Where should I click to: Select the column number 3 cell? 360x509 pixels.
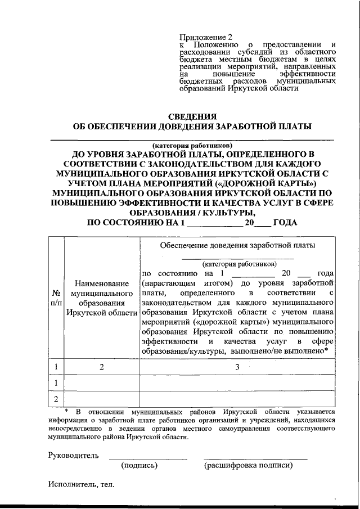click(x=238, y=367)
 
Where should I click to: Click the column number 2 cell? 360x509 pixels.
click(x=102, y=367)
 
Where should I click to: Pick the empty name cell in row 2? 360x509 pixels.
click(x=102, y=399)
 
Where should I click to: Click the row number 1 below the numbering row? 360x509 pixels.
click(x=56, y=383)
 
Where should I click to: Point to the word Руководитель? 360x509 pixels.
click(x=74, y=455)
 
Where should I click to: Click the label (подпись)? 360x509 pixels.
click(x=139, y=466)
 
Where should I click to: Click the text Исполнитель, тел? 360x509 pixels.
click(x=80, y=484)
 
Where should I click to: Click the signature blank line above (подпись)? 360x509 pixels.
click(x=147, y=458)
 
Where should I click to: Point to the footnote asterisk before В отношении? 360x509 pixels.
click(x=66, y=411)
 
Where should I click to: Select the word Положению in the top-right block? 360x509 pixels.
click(x=218, y=44)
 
